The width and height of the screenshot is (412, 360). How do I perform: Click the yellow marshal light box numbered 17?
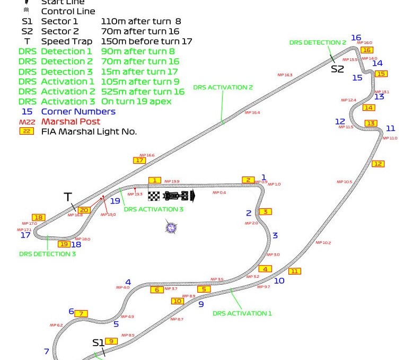point(139,160)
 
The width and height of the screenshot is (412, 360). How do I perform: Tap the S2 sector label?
point(338,69)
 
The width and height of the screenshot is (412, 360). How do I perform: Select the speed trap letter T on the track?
point(68,197)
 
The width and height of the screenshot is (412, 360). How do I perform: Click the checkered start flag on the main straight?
point(154,196)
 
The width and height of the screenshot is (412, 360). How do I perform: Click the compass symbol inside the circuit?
point(171,227)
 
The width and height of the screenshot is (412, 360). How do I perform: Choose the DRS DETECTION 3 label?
point(47,254)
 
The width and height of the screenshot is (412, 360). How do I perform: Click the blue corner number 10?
point(279,280)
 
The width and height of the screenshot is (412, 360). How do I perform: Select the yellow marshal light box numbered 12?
point(378,164)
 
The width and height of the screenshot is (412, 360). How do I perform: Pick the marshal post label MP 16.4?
point(252,112)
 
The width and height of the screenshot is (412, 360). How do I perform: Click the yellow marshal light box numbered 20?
point(84,210)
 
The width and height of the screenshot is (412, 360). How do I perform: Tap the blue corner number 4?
point(128,282)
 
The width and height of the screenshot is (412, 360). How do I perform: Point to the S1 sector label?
point(99,343)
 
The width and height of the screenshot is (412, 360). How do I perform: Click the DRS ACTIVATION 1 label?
point(242,313)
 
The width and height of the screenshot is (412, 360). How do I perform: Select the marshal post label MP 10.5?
point(344,182)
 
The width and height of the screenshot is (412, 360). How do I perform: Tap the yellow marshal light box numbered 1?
point(154,180)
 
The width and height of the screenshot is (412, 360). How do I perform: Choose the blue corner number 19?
point(115,201)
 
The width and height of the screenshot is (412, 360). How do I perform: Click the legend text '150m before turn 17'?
point(146,41)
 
